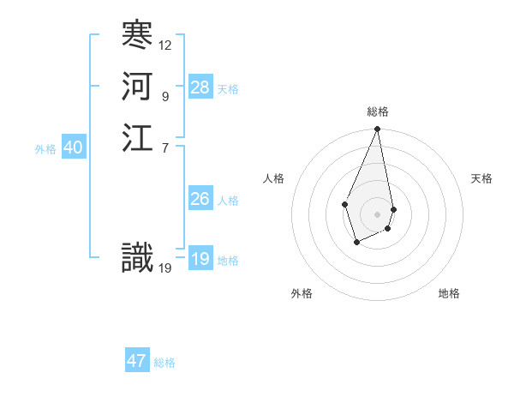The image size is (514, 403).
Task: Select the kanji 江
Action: (x=137, y=139)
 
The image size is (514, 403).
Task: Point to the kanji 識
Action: (x=137, y=258)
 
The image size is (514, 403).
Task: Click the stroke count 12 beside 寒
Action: (x=165, y=45)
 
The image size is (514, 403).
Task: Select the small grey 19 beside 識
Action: (x=165, y=268)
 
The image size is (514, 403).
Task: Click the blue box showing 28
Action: (x=200, y=87)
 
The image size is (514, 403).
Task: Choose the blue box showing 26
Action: (x=200, y=199)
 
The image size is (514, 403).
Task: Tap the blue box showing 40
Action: (x=73, y=148)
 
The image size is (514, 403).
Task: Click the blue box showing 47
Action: (x=137, y=361)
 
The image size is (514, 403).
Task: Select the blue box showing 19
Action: (x=200, y=259)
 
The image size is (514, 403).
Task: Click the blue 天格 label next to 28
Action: (x=228, y=89)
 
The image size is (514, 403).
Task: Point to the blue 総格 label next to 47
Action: (x=164, y=363)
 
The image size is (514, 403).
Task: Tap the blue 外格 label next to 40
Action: (x=45, y=149)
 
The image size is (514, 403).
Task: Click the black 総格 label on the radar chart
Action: (x=377, y=111)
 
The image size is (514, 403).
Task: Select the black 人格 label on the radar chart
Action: (x=274, y=178)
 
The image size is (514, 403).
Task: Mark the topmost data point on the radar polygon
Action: (x=377, y=129)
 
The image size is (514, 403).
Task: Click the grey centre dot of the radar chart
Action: (x=377, y=214)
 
